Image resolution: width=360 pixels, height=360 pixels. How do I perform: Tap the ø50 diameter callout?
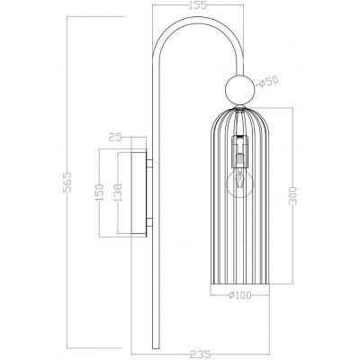(267, 82)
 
